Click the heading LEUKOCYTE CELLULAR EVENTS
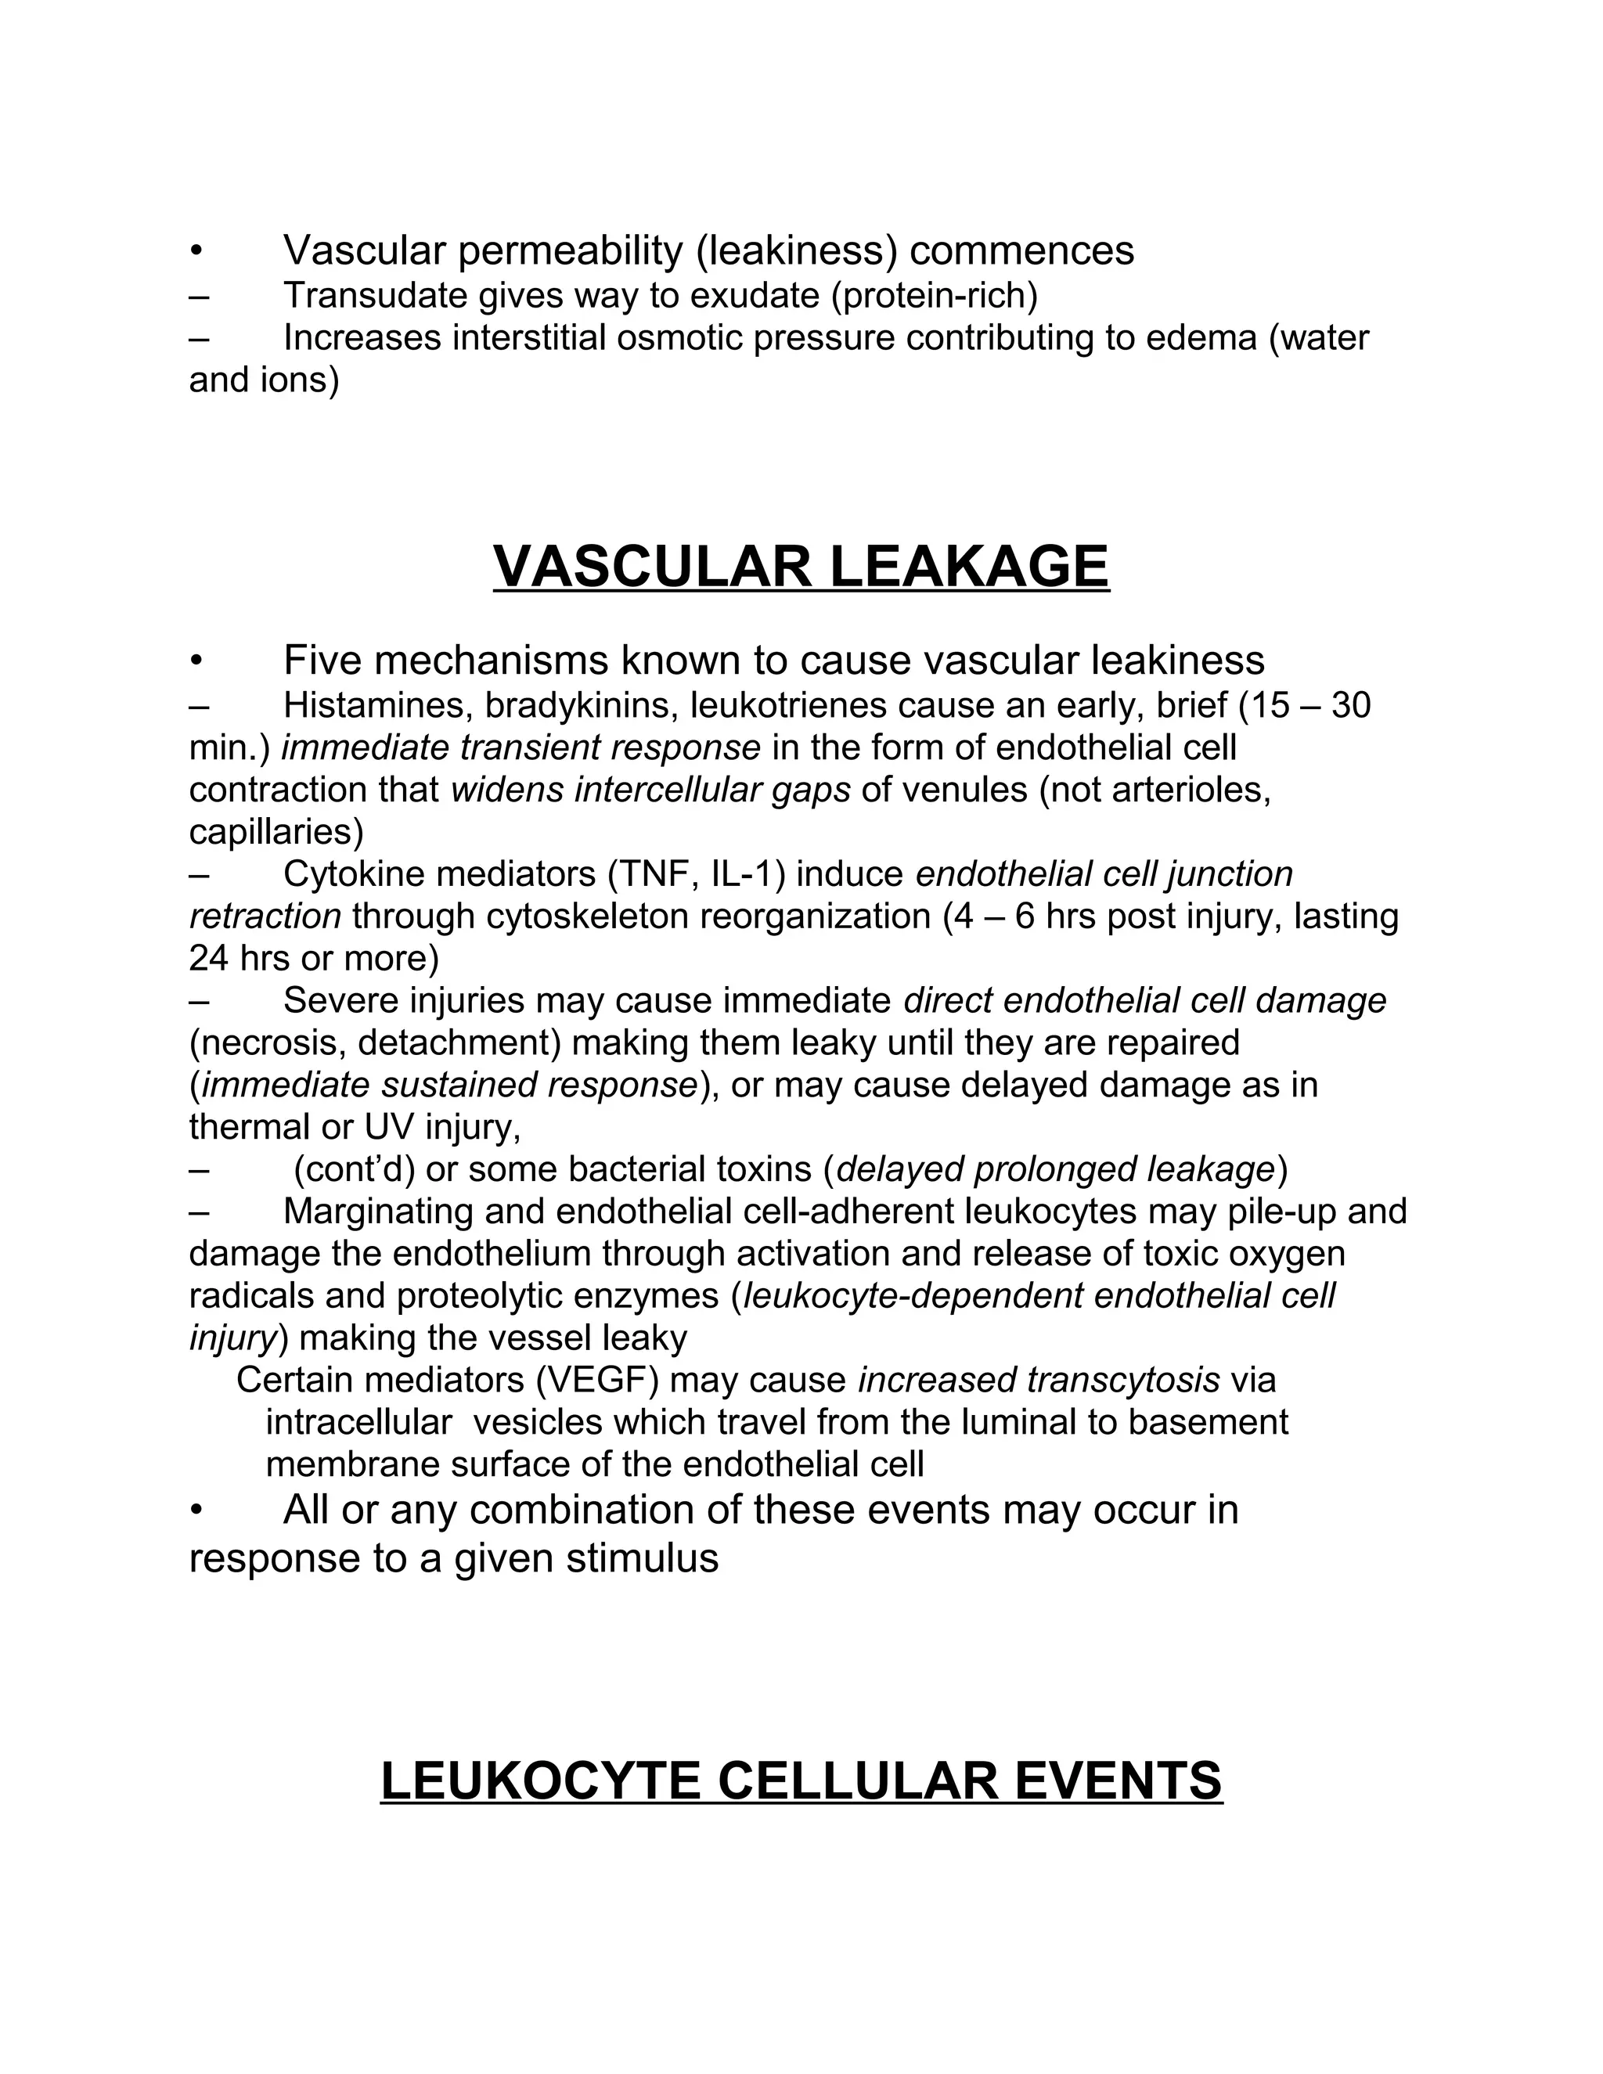click(x=801, y=1781)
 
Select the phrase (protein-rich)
click(x=935, y=297)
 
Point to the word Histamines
click(x=378, y=706)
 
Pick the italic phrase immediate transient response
click(x=521, y=748)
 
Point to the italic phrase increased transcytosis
click(x=1038, y=1380)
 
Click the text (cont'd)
click(x=353, y=1170)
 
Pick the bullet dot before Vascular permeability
click(x=196, y=252)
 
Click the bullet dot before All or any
click(x=196, y=1510)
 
